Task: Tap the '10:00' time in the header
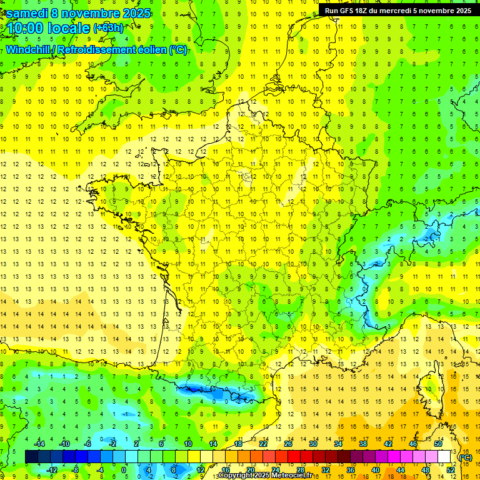25,28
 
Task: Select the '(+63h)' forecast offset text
108,28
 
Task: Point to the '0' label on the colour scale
124,469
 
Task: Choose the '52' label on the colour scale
450,469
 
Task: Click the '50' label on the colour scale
437,444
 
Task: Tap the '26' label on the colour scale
287,444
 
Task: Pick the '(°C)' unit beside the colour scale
466,457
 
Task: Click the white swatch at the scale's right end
444,457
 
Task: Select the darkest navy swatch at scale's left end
31,457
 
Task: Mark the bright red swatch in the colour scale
294,457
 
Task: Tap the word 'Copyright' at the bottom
236,476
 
